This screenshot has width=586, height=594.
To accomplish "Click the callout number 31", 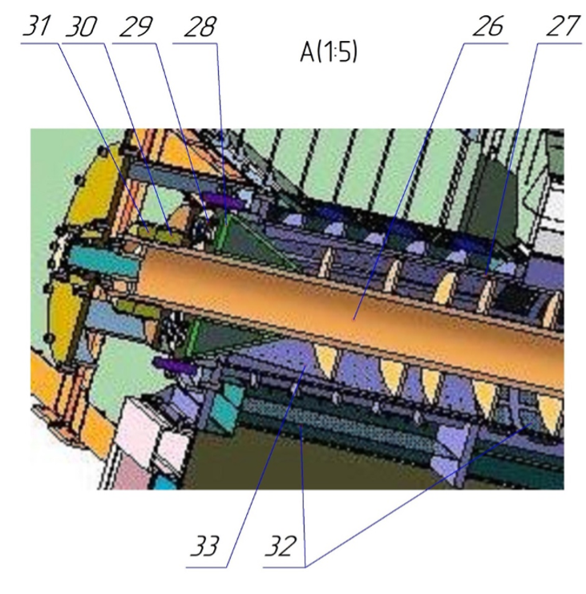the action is pyautogui.click(x=36, y=26).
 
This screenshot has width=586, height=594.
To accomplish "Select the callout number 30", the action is pyautogui.click(x=81, y=26).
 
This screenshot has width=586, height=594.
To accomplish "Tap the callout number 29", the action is pyautogui.click(x=136, y=26).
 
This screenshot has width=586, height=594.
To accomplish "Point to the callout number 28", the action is pyautogui.click(x=200, y=26).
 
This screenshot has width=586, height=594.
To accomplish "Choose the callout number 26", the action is pyautogui.click(x=488, y=26).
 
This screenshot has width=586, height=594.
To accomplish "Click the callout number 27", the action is pyautogui.click(x=563, y=26).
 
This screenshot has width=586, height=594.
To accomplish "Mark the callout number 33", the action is pyautogui.click(x=204, y=546).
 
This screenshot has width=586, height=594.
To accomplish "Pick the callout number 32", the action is pyautogui.click(x=280, y=546).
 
